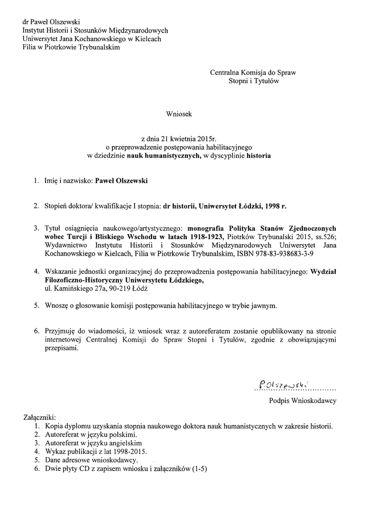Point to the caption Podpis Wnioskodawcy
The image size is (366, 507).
coord(303,401)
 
